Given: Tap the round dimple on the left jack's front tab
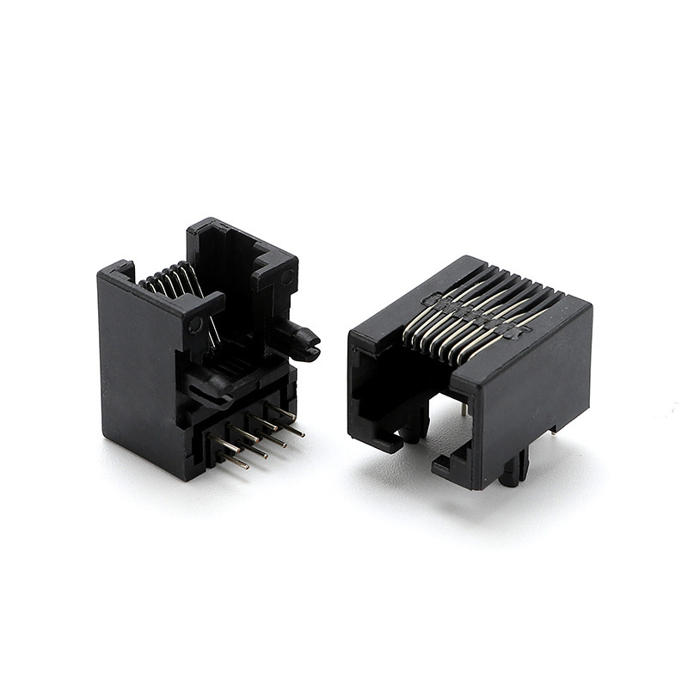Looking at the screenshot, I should click(x=196, y=325).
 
